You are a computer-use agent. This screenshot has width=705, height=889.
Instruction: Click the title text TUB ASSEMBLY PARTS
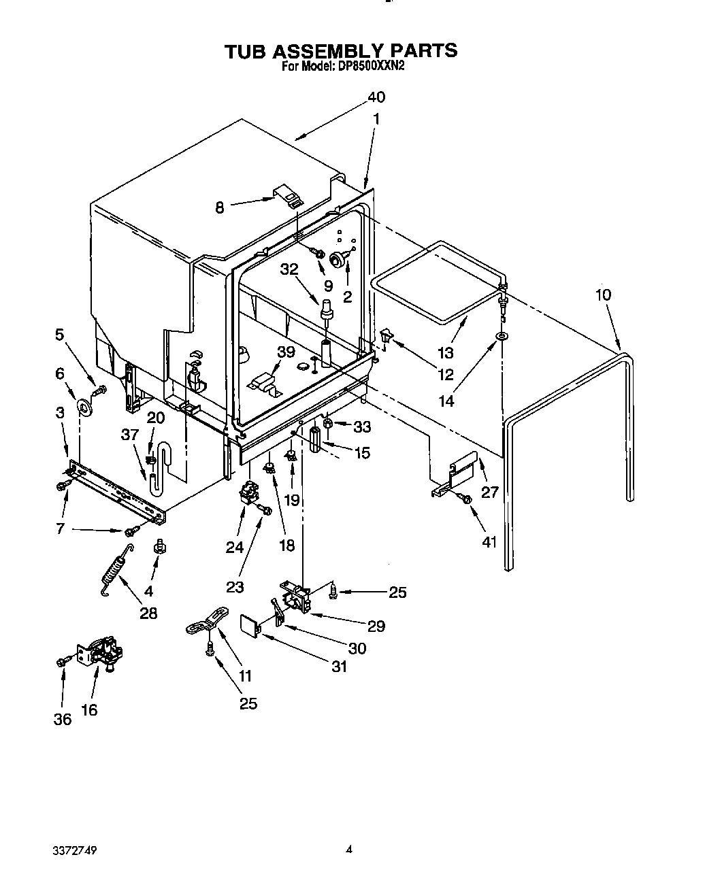click(342, 50)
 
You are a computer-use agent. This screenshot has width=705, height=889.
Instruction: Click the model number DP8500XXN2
click(367, 67)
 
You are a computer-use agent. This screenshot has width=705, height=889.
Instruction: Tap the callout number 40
click(376, 97)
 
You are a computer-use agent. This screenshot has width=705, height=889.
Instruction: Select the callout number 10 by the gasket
click(603, 295)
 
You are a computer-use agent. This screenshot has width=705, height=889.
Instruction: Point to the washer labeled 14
click(502, 337)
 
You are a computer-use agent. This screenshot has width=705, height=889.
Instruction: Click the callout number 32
click(289, 269)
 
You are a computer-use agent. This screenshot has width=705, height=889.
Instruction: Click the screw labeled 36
click(65, 660)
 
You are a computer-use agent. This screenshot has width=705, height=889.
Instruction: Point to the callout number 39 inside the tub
click(286, 352)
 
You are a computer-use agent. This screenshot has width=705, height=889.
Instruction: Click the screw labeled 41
click(466, 500)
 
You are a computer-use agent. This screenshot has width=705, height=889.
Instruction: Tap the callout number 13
click(446, 353)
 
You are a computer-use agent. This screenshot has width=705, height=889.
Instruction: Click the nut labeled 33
click(327, 424)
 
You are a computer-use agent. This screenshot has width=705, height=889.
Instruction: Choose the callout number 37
click(130, 435)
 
